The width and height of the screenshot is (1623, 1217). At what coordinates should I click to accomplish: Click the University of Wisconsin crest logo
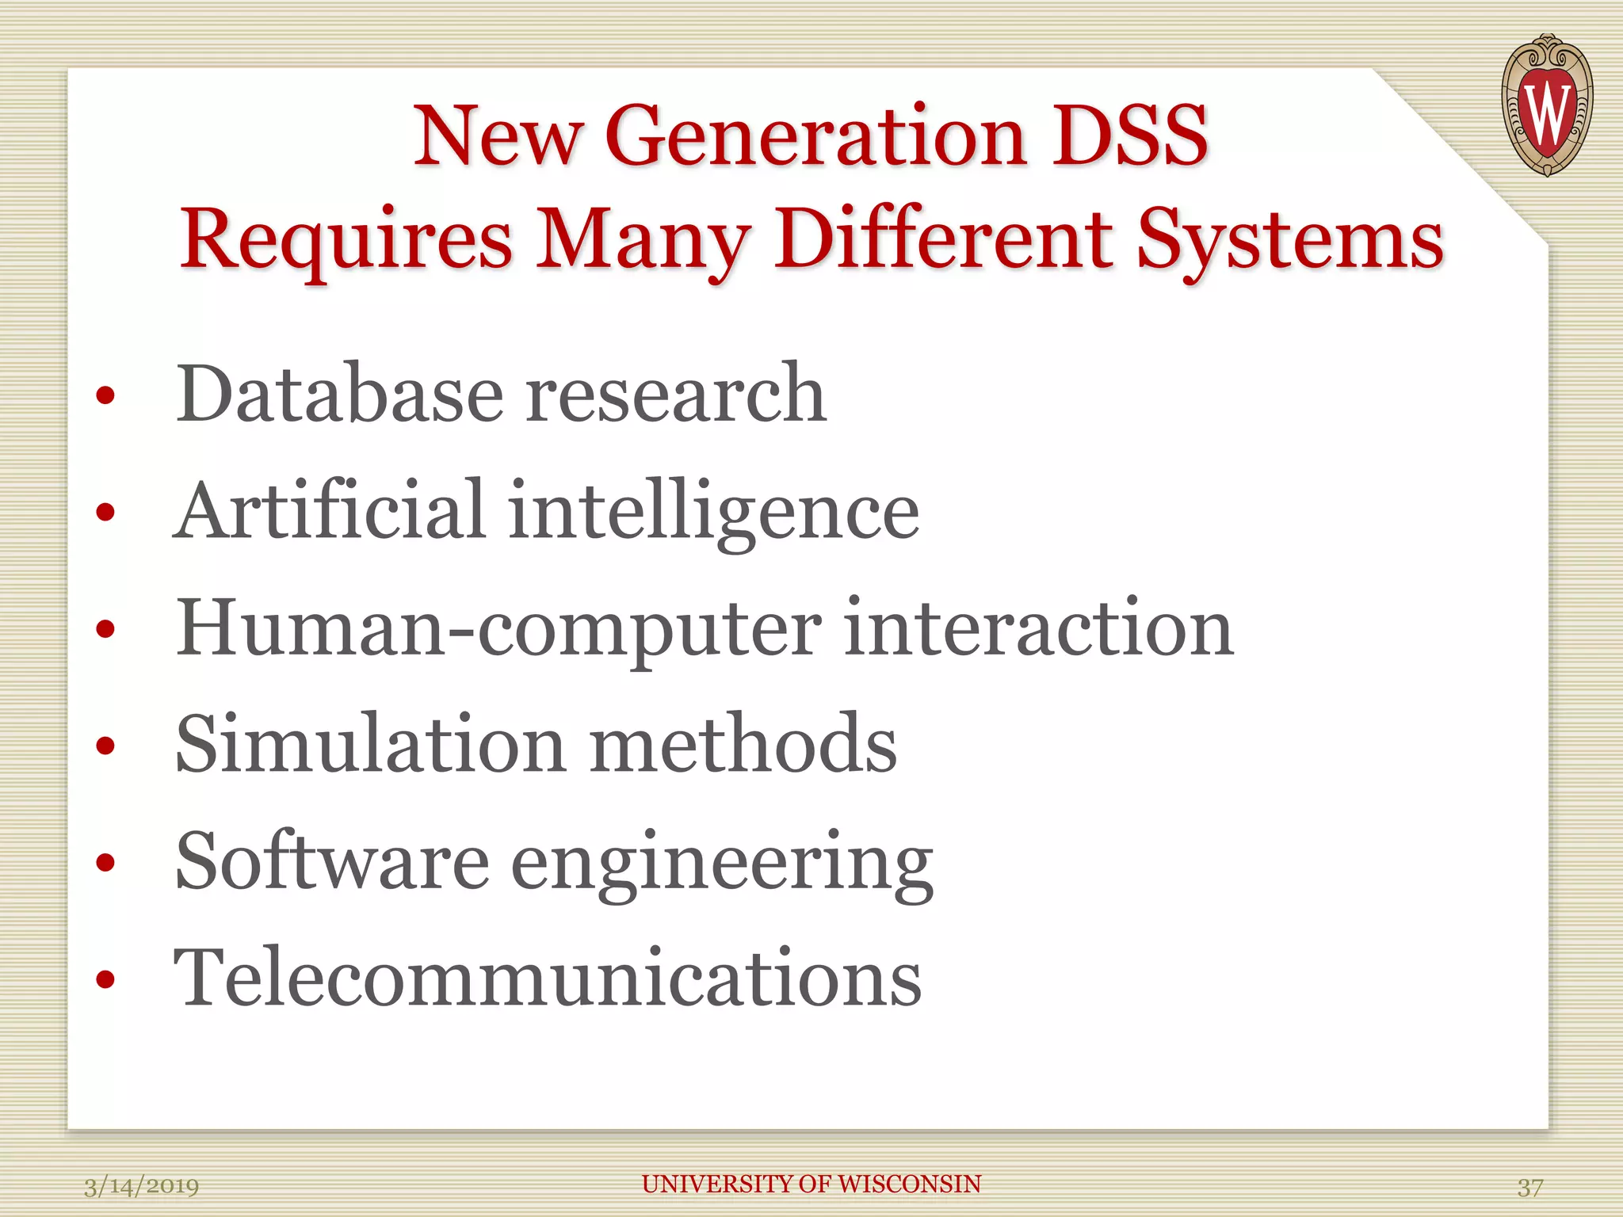1546,105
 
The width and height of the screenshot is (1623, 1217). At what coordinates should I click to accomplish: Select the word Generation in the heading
815,136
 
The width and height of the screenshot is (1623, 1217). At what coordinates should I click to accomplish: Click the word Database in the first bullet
340,393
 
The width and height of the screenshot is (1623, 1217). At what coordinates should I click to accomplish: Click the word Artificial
329,510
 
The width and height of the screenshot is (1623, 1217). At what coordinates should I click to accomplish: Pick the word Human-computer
498,629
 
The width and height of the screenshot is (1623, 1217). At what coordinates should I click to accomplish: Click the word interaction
1039,628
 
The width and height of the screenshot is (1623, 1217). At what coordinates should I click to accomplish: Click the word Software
332,861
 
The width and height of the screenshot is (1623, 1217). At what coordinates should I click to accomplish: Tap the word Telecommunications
548,978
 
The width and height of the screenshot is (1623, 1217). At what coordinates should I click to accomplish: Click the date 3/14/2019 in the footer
142,1187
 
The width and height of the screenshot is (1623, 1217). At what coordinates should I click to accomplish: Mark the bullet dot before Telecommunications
105,980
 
